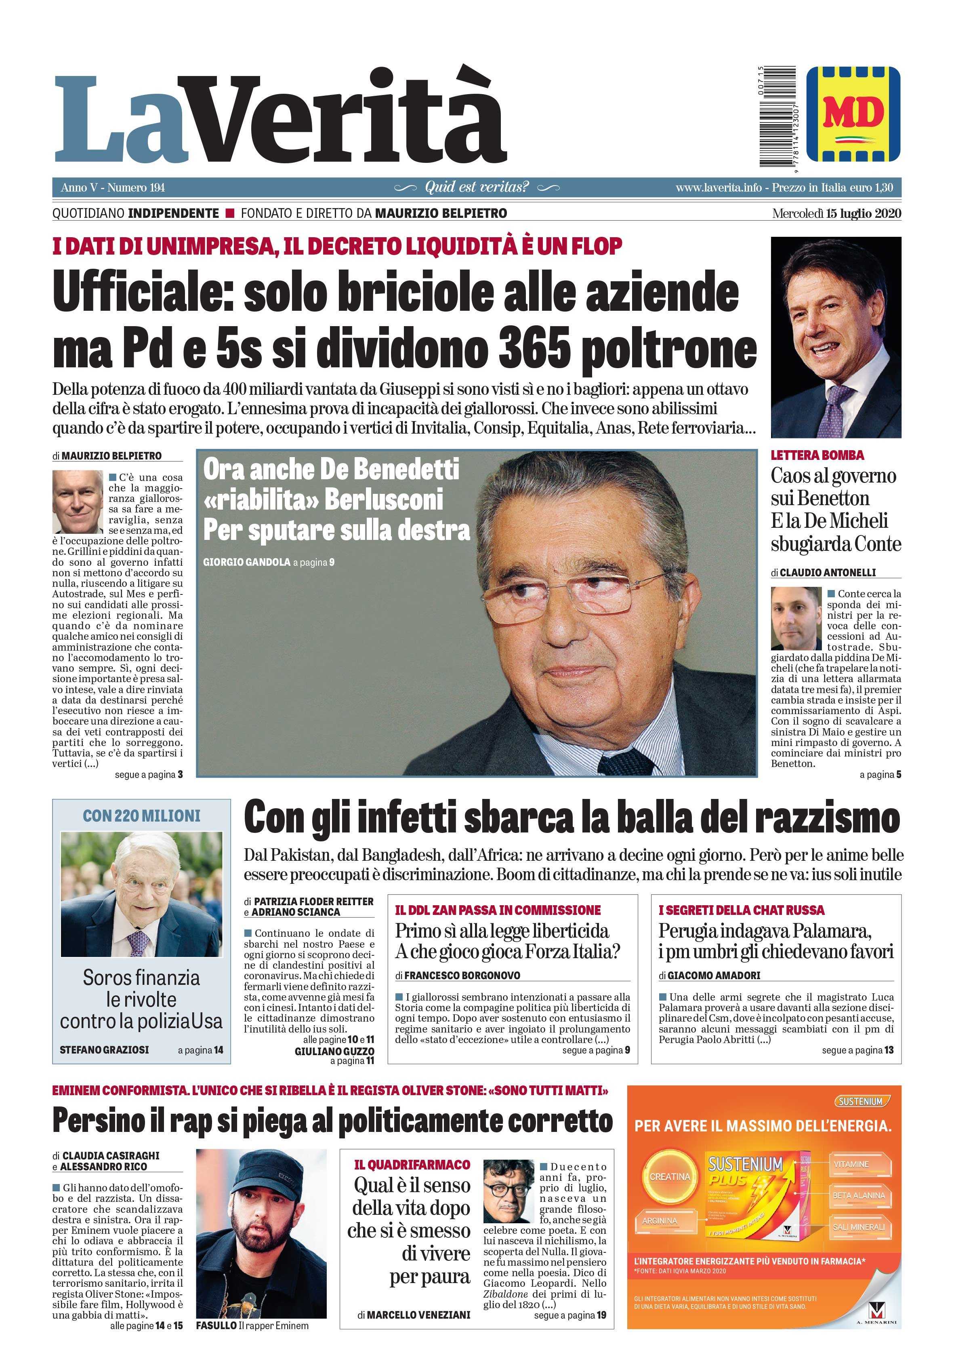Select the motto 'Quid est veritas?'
pos(477,188)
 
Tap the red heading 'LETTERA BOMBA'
pos(817,455)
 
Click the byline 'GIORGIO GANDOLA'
pos(246,563)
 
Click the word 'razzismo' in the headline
pos(827,819)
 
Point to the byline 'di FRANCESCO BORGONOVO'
pos(458,976)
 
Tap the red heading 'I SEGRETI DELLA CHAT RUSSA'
pos(741,910)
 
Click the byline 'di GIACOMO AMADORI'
pos(709,976)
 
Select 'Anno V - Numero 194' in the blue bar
pos(113,188)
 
